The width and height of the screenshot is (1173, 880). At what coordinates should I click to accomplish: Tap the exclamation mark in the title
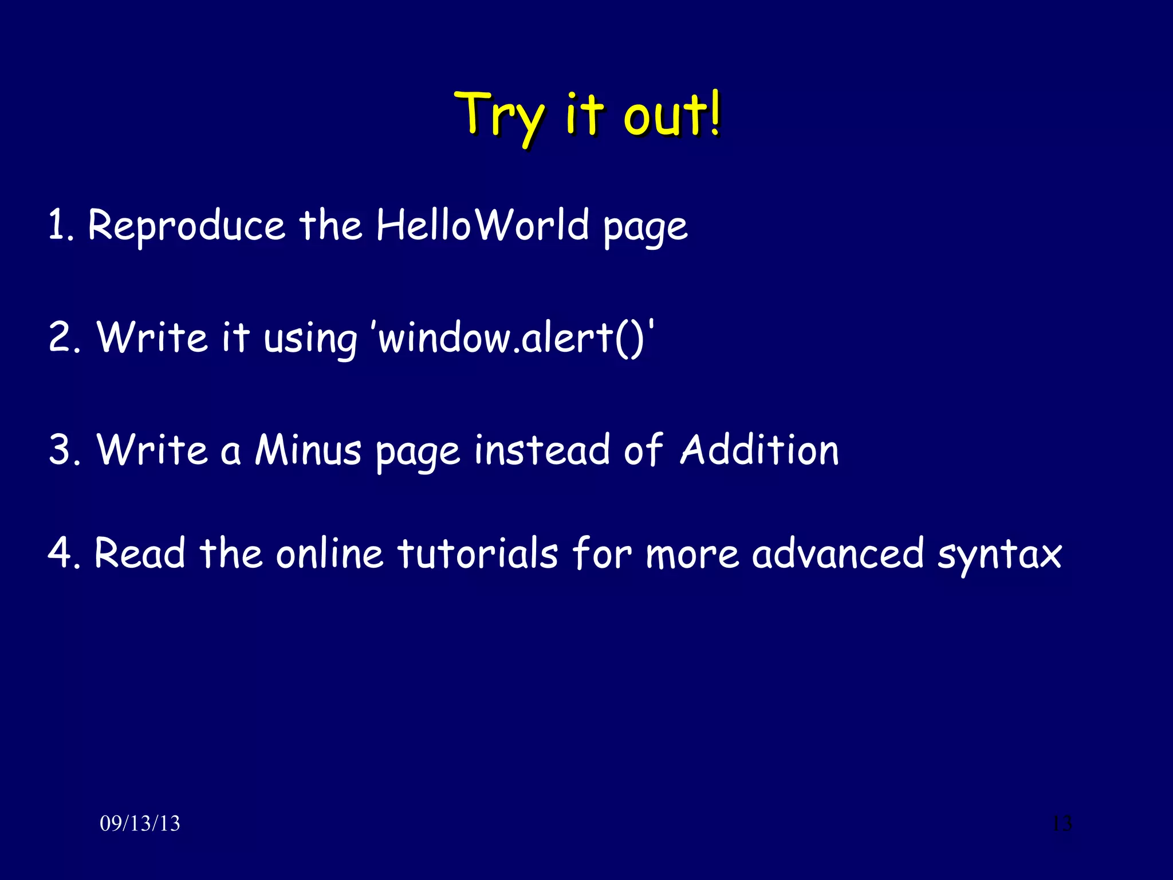click(714, 113)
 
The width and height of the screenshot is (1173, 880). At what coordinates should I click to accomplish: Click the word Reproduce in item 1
click(186, 226)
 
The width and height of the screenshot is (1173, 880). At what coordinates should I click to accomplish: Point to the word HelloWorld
click(482, 225)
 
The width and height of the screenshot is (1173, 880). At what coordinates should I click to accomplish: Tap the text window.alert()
click(514, 337)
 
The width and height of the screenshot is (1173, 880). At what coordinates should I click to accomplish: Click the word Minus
click(308, 450)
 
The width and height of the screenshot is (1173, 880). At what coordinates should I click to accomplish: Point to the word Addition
click(759, 450)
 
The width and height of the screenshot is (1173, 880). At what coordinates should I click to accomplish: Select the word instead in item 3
click(542, 450)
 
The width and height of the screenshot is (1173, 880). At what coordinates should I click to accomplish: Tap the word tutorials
click(478, 553)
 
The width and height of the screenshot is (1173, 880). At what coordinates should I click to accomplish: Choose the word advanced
click(837, 553)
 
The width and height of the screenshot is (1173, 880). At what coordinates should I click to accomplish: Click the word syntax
click(999, 556)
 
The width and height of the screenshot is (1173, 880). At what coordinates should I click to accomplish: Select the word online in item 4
click(329, 553)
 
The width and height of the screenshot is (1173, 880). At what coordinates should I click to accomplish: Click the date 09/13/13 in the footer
click(140, 823)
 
